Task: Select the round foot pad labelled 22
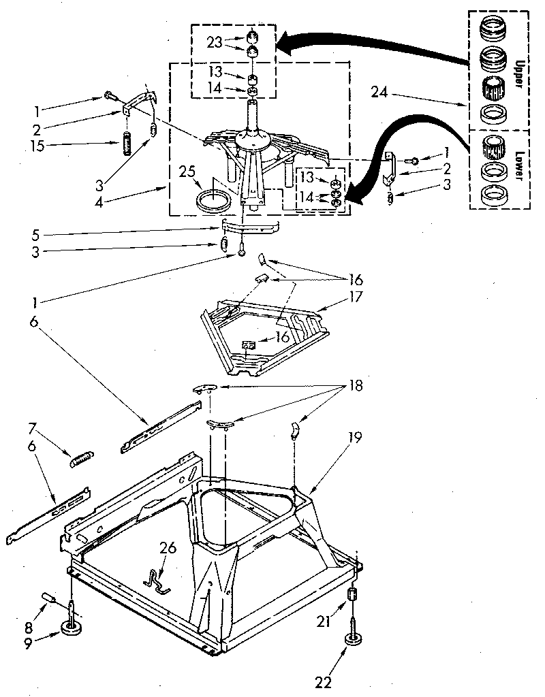(x=354, y=641)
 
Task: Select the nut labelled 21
(x=353, y=594)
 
